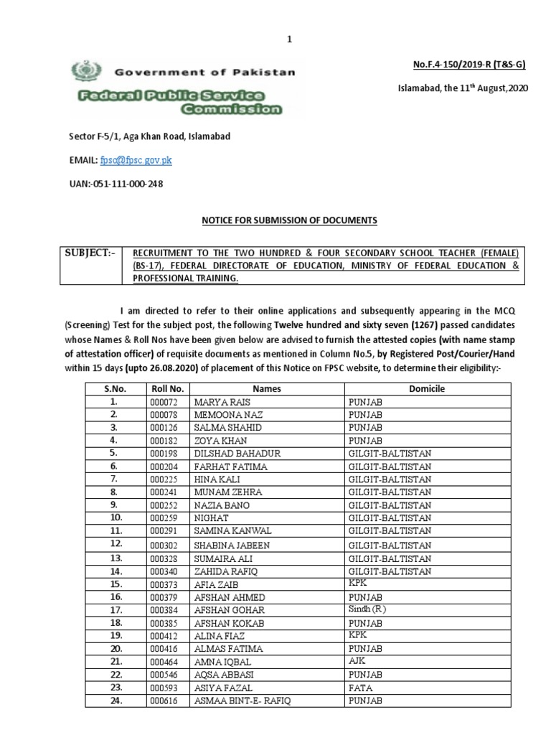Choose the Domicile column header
(427, 388)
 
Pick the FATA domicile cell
(360, 687)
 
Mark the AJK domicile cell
(357, 661)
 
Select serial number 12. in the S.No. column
(113, 545)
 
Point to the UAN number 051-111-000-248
(116, 184)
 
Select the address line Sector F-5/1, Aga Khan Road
(149, 136)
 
